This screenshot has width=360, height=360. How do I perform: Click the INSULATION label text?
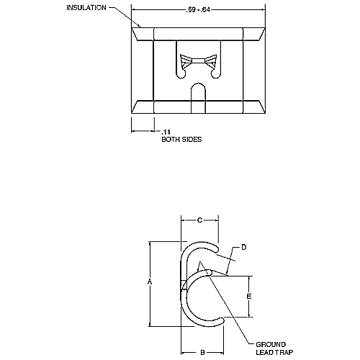pyautogui.click(x=86, y=8)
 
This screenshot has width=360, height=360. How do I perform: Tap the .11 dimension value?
pyautogui.click(x=166, y=132)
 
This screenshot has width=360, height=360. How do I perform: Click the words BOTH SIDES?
pyautogui.click(x=181, y=140)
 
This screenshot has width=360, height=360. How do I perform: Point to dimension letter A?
pyautogui.click(x=149, y=283)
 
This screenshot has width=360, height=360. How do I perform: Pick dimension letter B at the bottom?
pyautogui.click(x=203, y=351)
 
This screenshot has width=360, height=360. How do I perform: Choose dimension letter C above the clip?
pyautogui.click(x=199, y=220)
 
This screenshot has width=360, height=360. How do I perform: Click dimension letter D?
pyautogui.click(x=243, y=247)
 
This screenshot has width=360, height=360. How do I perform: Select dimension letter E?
pyautogui.click(x=248, y=296)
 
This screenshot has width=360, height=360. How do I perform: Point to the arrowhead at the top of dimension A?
pyautogui.click(x=149, y=243)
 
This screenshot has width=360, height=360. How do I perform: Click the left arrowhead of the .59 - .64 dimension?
pyautogui.click(x=135, y=11)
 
